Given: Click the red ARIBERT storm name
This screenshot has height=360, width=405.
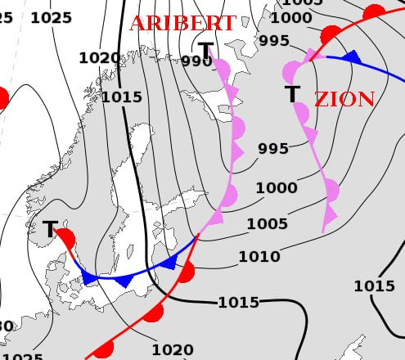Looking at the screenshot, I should [182, 23].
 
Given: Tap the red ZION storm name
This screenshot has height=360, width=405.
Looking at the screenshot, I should [344, 100].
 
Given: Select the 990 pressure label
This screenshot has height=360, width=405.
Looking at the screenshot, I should [197, 61].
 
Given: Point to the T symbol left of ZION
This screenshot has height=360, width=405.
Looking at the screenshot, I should [292, 94].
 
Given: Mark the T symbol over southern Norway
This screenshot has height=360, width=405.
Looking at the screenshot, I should [50, 229].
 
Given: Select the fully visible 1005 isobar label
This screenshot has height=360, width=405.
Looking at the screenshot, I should [267, 224].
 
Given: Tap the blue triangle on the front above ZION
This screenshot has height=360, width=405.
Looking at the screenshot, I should [352, 57].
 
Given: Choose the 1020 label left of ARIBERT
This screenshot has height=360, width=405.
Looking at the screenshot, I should [98, 57].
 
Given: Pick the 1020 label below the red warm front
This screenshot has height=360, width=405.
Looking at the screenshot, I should [173, 350].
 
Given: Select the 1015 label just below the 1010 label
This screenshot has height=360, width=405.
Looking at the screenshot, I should [238, 303].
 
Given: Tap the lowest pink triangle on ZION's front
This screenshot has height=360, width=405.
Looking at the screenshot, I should [330, 217].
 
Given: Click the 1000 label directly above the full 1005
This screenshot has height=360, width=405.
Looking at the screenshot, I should [276, 188].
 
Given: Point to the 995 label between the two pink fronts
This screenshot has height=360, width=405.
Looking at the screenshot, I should [273, 149].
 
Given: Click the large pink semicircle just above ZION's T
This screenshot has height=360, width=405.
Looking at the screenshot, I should [291, 71].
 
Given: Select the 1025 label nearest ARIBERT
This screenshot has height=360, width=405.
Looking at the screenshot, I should [51, 17].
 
